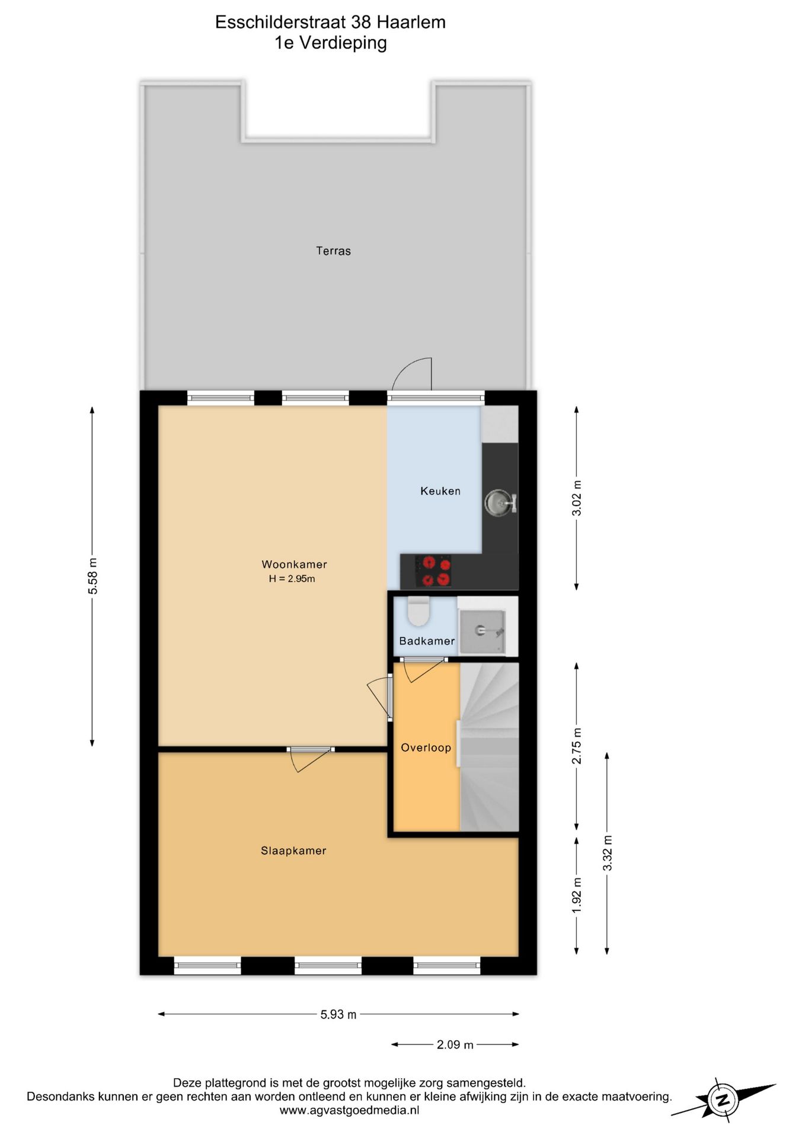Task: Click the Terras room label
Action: [x=333, y=251]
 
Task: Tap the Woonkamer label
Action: [x=294, y=564]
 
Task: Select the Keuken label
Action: [x=440, y=491]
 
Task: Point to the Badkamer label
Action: [x=427, y=641]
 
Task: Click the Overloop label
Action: [x=426, y=747]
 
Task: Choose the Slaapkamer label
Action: [x=293, y=851]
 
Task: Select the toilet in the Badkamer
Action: [x=419, y=611]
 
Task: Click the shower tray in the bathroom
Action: [x=482, y=632]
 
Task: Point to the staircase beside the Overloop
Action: [x=490, y=747]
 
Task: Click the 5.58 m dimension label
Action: [x=92, y=576]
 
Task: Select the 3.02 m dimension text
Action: [x=576, y=498]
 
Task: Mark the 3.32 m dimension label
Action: [x=607, y=853]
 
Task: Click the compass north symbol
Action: [x=723, y=1100]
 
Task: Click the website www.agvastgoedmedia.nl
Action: [x=349, y=1110]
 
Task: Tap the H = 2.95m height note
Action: [x=292, y=578]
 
